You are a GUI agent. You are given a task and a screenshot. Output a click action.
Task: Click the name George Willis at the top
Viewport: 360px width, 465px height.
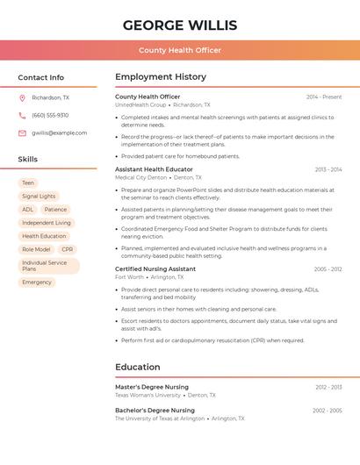180,25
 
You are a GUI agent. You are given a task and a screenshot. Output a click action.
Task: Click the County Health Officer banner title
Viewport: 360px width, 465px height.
180,50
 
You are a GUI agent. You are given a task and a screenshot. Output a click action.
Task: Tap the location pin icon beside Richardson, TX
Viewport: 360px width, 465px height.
22,98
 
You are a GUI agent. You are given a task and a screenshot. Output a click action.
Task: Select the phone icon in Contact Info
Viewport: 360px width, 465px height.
22,115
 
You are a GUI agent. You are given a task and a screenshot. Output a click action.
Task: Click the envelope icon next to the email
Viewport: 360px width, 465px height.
22,133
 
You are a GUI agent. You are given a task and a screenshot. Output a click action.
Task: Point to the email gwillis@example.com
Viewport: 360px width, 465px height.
60,133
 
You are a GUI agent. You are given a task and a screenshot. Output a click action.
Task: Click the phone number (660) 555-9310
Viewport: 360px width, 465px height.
50,115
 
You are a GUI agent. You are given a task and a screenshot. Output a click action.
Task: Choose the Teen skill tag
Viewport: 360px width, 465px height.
28,183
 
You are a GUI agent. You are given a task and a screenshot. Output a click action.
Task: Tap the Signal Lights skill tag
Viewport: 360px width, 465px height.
39,197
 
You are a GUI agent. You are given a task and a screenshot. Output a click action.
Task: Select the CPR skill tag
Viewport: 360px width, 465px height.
68,249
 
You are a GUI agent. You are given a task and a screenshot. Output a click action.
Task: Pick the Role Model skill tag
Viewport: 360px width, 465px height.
36,249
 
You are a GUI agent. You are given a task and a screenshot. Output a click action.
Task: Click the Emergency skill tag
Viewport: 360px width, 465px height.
37,283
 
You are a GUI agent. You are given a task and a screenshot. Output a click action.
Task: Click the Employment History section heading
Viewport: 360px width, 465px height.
161,77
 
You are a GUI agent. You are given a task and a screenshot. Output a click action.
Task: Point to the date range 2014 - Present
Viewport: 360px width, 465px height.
324,97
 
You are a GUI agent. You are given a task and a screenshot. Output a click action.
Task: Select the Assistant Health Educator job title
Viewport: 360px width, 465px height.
154,169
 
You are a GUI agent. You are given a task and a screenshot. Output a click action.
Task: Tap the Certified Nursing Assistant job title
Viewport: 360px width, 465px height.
155,268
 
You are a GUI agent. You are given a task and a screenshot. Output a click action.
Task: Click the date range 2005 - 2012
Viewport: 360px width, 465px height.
328,269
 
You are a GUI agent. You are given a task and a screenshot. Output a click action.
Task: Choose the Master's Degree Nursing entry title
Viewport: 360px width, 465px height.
152,387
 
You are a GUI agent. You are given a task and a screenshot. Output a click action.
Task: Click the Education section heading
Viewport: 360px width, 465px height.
139,367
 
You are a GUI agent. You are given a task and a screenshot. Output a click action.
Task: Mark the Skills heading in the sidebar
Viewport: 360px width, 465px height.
28,160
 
